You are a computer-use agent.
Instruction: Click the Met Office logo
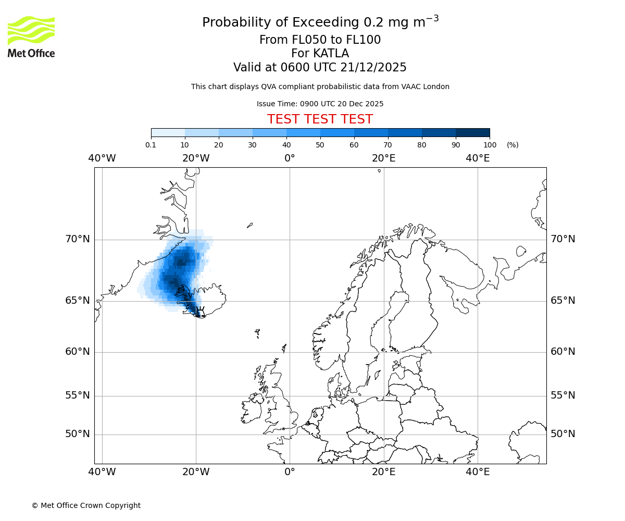[31, 36]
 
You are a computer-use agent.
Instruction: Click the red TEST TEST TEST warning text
[320, 119]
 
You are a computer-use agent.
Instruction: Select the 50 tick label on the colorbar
[320, 145]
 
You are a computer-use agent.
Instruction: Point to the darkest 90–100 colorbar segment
[472, 132]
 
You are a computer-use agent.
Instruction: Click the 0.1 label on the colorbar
[151, 145]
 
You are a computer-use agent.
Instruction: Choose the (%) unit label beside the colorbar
[512, 145]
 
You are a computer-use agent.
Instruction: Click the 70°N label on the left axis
[78, 239]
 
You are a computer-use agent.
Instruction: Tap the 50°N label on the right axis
[563, 434]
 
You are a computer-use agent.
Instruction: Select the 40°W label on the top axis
[102, 158]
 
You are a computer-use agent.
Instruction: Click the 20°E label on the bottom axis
[384, 472]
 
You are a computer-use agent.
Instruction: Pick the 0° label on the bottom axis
[290, 472]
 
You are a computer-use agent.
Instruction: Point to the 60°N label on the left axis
[78, 352]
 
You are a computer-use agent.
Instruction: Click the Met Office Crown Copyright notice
[86, 505]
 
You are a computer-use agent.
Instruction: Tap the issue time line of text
[320, 104]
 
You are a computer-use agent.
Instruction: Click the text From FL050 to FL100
[320, 40]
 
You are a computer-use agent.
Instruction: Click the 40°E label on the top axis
[478, 158]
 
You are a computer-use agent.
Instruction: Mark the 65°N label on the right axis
[563, 301]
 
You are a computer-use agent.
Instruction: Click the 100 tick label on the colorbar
[490, 145]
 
